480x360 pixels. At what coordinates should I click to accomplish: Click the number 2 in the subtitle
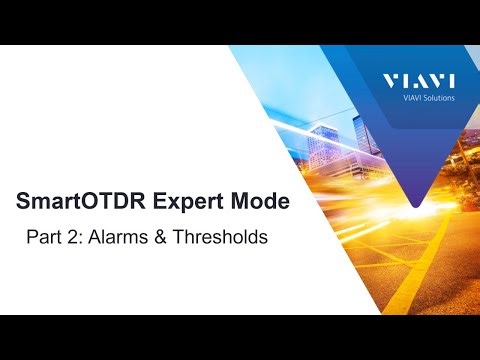[72, 239]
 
